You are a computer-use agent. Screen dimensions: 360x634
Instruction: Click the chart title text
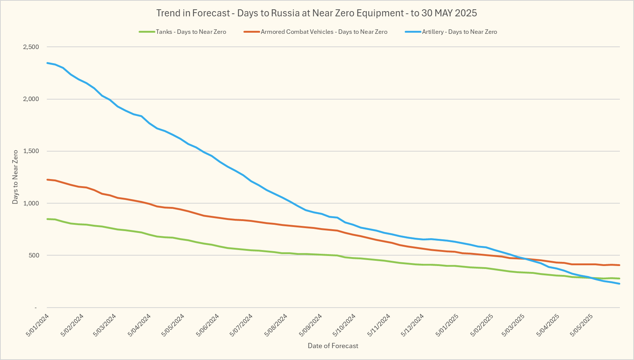pos(316,13)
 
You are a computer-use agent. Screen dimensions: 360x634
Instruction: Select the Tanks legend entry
pos(191,32)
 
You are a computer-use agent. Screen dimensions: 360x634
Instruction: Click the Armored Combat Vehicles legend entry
pos(324,32)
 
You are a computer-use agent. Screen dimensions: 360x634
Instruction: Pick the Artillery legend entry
pos(459,32)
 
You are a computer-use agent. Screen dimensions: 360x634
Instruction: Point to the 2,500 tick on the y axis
pos(31,47)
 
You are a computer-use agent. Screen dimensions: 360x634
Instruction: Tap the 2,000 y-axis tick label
pos(31,99)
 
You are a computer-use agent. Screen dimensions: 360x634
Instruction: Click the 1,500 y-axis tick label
pos(31,151)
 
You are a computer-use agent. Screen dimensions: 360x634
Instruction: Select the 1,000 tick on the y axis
pos(31,203)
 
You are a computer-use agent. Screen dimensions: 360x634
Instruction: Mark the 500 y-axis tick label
pos(33,255)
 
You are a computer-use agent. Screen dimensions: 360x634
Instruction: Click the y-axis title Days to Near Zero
pos(15,177)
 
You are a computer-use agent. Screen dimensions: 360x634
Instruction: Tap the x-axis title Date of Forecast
pos(333,346)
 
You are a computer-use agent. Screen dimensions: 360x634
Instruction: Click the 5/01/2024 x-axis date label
pos(38,325)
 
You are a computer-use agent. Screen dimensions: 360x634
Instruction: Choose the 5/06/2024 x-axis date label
pos(208,325)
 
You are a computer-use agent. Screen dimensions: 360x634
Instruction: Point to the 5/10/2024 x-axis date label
pos(345,325)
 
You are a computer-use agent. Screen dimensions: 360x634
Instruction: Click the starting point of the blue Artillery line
pos(47,63)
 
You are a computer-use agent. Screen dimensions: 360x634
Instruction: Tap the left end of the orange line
pos(47,179)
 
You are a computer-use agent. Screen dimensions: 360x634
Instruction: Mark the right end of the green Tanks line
pos(620,278)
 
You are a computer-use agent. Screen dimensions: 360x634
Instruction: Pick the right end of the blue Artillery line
pos(620,284)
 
